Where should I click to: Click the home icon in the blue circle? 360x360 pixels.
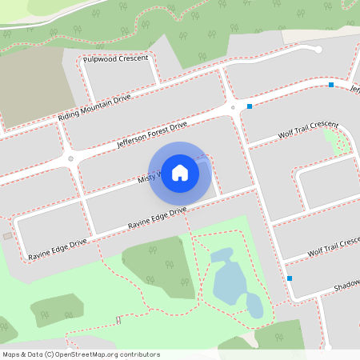click(x=180, y=172)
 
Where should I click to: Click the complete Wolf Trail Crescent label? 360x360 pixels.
click(x=308, y=130)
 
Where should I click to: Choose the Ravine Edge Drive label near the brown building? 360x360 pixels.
click(x=57, y=247)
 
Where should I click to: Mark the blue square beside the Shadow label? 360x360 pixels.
click(x=290, y=278)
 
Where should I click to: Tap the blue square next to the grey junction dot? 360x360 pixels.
click(x=250, y=106)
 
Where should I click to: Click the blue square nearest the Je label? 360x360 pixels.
click(x=331, y=85)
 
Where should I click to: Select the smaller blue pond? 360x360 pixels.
click(x=254, y=305)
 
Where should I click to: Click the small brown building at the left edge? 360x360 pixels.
click(x=7, y=236)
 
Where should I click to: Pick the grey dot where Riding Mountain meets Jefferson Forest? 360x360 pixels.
click(x=71, y=158)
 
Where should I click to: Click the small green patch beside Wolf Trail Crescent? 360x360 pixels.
click(x=339, y=142)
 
